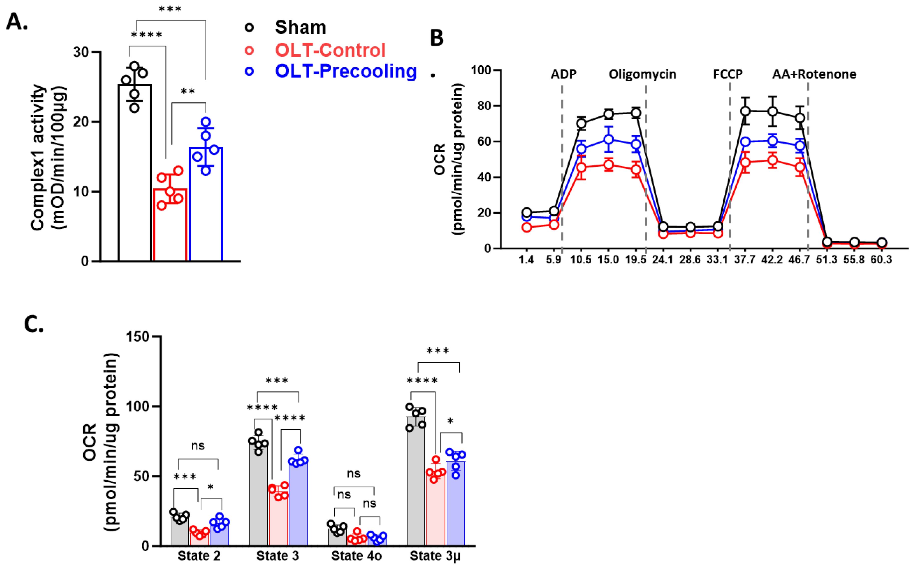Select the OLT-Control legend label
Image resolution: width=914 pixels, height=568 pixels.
(330, 50)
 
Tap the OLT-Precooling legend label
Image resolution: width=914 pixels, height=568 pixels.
(346, 71)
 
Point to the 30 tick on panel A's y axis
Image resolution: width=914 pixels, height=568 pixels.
(81, 52)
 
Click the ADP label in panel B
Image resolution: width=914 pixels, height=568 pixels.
(563, 74)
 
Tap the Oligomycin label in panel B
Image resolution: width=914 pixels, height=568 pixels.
(642, 74)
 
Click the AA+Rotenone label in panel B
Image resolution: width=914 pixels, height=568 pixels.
(814, 74)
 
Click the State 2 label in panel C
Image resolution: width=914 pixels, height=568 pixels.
(199, 556)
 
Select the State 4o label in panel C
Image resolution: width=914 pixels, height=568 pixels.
(356, 556)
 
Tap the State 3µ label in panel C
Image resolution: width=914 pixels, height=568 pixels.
(435, 556)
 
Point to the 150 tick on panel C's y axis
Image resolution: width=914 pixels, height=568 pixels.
(138, 337)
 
